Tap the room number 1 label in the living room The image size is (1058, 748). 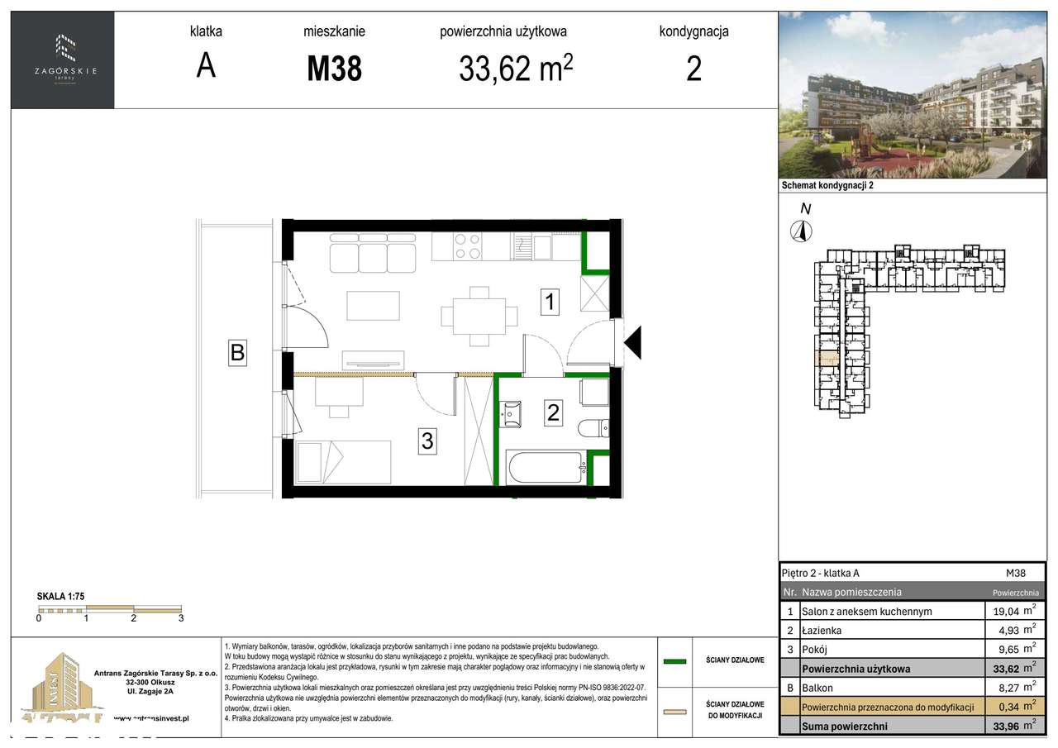(x=550, y=303)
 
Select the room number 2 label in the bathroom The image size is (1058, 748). (x=553, y=412)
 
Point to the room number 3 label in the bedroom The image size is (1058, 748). (x=427, y=441)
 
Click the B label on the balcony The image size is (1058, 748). (x=237, y=353)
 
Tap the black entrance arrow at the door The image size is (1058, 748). (x=632, y=342)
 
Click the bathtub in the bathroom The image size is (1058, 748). (x=546, y=469)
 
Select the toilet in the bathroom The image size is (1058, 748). (x=594, y=428)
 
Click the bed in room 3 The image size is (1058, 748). (x=343, y=462)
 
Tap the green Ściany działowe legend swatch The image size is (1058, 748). (x=675, y=661)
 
